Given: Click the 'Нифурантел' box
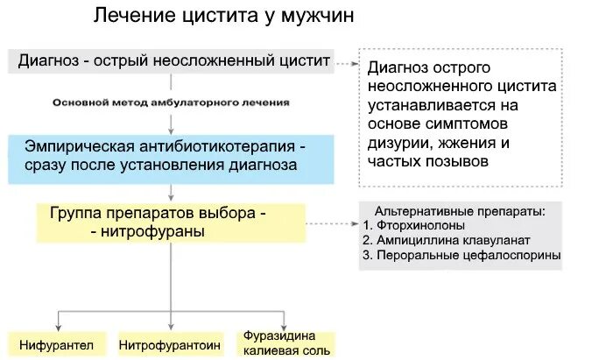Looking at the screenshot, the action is click(x=57, y=345).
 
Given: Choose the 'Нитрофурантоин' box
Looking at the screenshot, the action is click(x=169, y=345).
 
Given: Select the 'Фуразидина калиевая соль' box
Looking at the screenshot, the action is click(x=287, y=343).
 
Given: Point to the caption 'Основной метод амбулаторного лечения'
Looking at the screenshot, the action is click(x=171, y=102).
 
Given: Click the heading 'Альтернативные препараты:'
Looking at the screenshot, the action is click(x=459, y=211).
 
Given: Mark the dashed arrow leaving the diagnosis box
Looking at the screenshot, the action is click(x=347, y=63).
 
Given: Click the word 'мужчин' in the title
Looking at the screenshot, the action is click(x=313, y=18).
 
